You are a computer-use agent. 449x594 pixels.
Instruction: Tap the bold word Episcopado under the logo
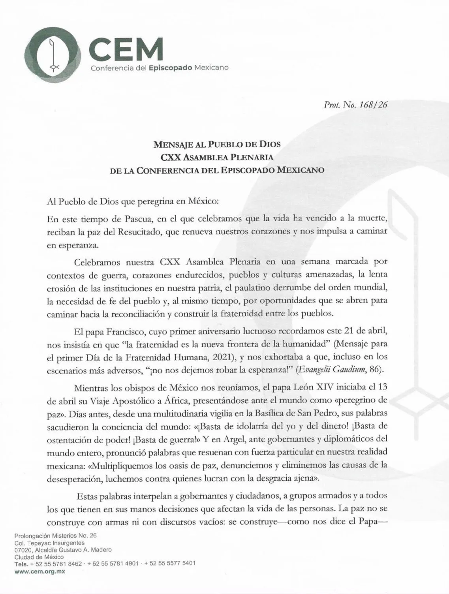pyautogui.click(x=170, y=68)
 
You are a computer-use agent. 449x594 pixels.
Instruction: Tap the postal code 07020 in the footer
pyautogui.click(x=23, y=550)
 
